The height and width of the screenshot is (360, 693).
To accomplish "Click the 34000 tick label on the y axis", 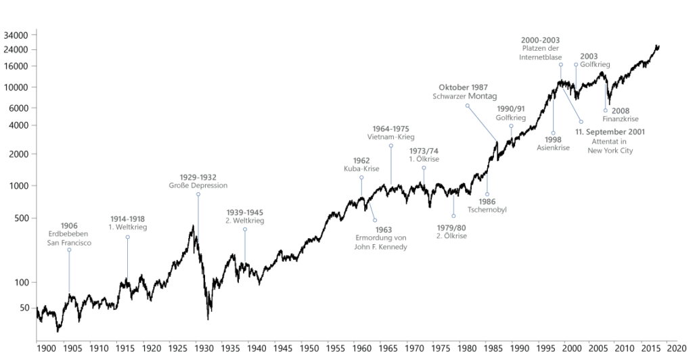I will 15,35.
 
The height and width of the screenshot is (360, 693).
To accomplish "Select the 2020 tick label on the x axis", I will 677,348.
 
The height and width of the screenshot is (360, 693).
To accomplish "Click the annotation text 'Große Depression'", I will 198,185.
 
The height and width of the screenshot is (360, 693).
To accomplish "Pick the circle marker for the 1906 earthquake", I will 69,250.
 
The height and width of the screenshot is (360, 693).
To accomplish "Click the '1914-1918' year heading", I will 128,219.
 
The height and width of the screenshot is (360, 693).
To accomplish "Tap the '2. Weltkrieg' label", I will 244,221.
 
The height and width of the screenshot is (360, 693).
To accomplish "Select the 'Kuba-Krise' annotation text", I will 361,169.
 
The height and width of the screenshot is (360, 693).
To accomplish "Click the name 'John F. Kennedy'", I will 381,247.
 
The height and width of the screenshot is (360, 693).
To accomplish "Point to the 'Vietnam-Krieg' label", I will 390,137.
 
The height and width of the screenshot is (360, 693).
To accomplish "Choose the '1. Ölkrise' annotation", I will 424,159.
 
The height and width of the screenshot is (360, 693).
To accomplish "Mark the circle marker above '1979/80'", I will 453,216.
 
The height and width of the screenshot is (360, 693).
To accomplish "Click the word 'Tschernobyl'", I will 487,210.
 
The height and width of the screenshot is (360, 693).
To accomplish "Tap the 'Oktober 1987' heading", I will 464,88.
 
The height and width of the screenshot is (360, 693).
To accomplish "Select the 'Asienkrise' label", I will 553,148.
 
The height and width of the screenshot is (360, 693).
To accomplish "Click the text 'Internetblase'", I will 541,58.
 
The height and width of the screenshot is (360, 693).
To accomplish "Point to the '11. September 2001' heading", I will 610,132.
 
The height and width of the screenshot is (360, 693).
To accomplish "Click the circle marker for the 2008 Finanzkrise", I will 606,110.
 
